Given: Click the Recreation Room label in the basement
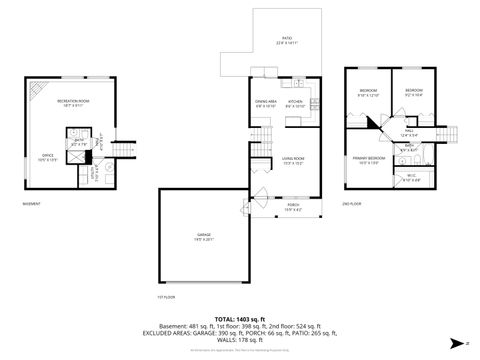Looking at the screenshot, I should pyautogui.click(x=69, y=103).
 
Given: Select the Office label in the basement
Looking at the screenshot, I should pyautogui.click(x=46, y=157).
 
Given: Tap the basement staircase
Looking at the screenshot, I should pyautogui.click(x=121, y=150).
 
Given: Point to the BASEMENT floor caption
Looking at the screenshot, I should pyautogui.click(x=31, y=203).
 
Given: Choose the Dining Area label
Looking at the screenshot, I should pyautogui.click(x=264, y=103).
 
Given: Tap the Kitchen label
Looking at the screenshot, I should pyautogui.click(x=296, y=103).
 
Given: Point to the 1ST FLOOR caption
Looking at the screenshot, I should pyautogui.click(x=166, y=297).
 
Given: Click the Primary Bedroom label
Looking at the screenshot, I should pyautogui.click(x=367, y=160).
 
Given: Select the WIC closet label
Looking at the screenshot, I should pyautogui.click(x=411, y=177).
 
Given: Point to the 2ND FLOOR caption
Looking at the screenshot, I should pyautogui.click(x=351, y=203).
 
